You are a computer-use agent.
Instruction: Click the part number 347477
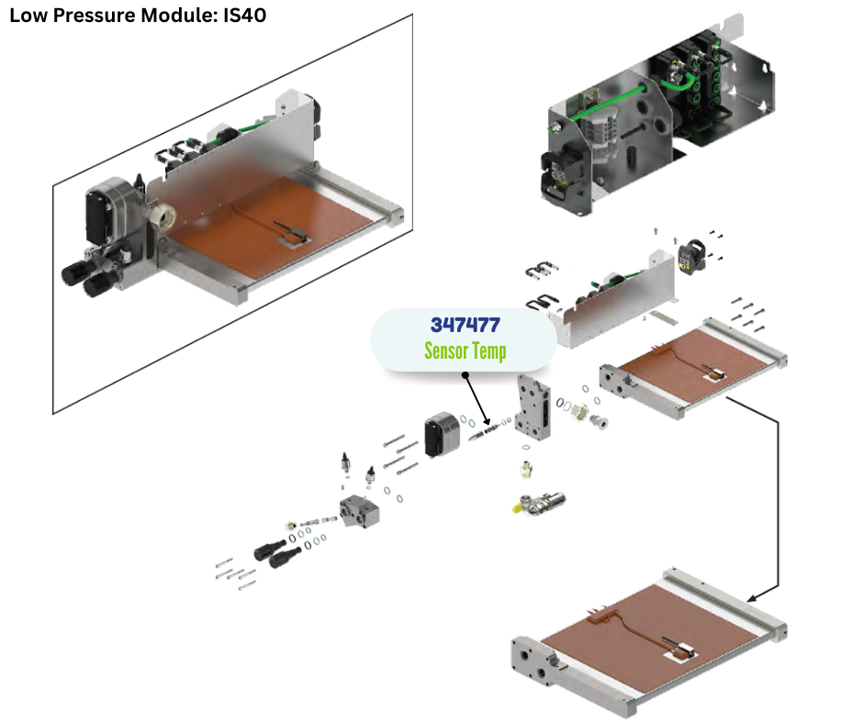[465, 326]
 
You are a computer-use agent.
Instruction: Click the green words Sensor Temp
[465, 350]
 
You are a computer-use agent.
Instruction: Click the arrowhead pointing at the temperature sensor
[488, 423]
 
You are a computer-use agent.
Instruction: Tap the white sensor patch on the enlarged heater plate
[684, 651]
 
